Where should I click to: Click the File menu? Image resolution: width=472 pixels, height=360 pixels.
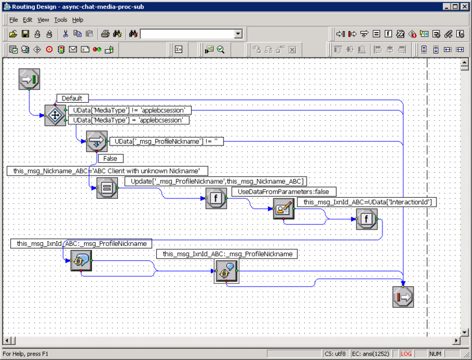click(x=13, y=20)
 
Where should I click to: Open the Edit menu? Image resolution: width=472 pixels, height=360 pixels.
click(x=28, y=20)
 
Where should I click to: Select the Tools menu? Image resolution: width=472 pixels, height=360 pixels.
click(x=61, y=20)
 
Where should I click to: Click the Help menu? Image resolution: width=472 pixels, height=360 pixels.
click(x=78, y=20)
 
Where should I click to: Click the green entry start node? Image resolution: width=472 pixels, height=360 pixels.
click(x=29, y=79)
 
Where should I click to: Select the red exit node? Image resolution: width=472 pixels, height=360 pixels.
click(x=403, y=297)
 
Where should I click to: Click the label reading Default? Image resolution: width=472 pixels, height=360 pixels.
click(x=72, y=98)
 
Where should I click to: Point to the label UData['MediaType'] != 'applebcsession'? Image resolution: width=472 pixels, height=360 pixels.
click(x=129, y=111)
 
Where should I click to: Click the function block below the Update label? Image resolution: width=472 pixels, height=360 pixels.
click(x=216, y=198)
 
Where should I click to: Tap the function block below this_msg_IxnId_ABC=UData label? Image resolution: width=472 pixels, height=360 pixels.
click(x=366, y=219)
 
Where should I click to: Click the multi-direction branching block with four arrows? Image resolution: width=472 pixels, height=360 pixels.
click(x=55, y=115)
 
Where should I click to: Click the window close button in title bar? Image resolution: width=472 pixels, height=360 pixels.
click(x=464, y=7)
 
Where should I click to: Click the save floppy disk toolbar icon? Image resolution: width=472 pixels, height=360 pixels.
click(x=25, y=34)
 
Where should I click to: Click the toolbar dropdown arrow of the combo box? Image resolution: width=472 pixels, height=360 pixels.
click(x=238, y=34)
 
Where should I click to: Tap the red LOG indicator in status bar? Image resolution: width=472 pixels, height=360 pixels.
click(x=406, y=354)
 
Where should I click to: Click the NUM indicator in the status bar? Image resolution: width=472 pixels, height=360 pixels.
click(x=435, y=354)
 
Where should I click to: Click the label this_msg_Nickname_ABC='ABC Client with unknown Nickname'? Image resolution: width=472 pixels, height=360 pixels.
click(x=108, y=171)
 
